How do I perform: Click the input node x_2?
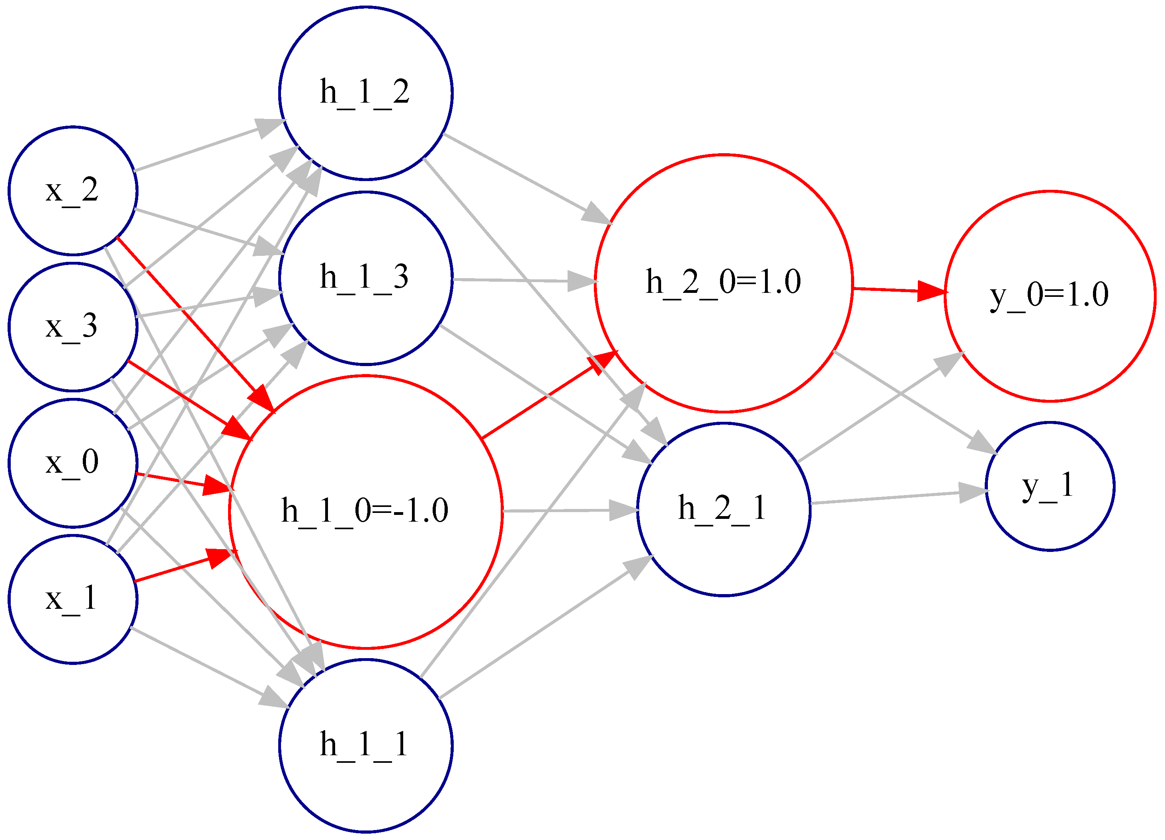point(72,191)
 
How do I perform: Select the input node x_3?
point(72,327)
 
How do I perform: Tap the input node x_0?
point(72,463)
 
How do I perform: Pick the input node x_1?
point(72,599)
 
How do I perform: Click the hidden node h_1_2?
point(365,93)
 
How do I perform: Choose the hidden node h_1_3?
point(365,278)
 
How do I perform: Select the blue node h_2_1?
point(723,509)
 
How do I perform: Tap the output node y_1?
point(1050,486)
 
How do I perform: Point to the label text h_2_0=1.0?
point(723,282)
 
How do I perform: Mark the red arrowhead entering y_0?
point(932,291)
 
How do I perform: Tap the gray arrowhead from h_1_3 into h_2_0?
point(582,281)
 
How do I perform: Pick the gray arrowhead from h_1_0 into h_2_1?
point(623,511)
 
